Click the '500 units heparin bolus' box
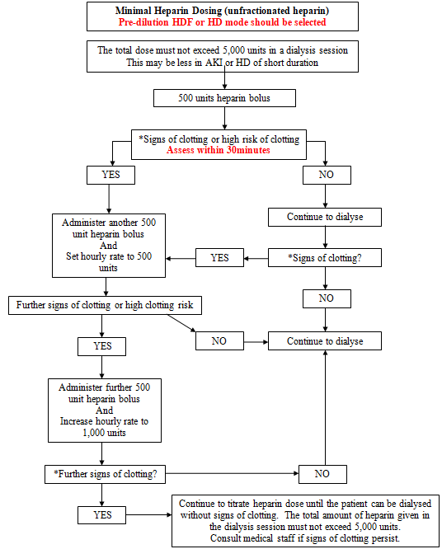[224, 98]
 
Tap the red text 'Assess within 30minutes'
[219, 150]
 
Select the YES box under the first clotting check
[110, 175]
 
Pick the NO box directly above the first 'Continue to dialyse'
[327, 175]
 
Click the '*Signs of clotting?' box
[325, 258]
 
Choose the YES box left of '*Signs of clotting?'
[219, 258]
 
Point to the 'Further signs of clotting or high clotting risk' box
[105, 305]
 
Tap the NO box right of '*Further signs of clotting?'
[322, 474]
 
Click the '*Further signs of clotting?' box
[105, 474]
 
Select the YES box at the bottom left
[102, 514]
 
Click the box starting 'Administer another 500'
[109, 246]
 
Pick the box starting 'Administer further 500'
[105, 411]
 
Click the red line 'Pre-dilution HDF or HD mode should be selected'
[223, 22]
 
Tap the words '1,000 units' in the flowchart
[104, 433]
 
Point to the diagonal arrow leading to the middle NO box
[181, 323]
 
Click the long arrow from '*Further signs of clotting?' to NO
[232, 473]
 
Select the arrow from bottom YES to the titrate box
[149, 514]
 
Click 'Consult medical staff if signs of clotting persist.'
[305, 538]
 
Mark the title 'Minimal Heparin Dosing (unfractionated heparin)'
[223, 11]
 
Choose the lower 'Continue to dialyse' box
[325, 341]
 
